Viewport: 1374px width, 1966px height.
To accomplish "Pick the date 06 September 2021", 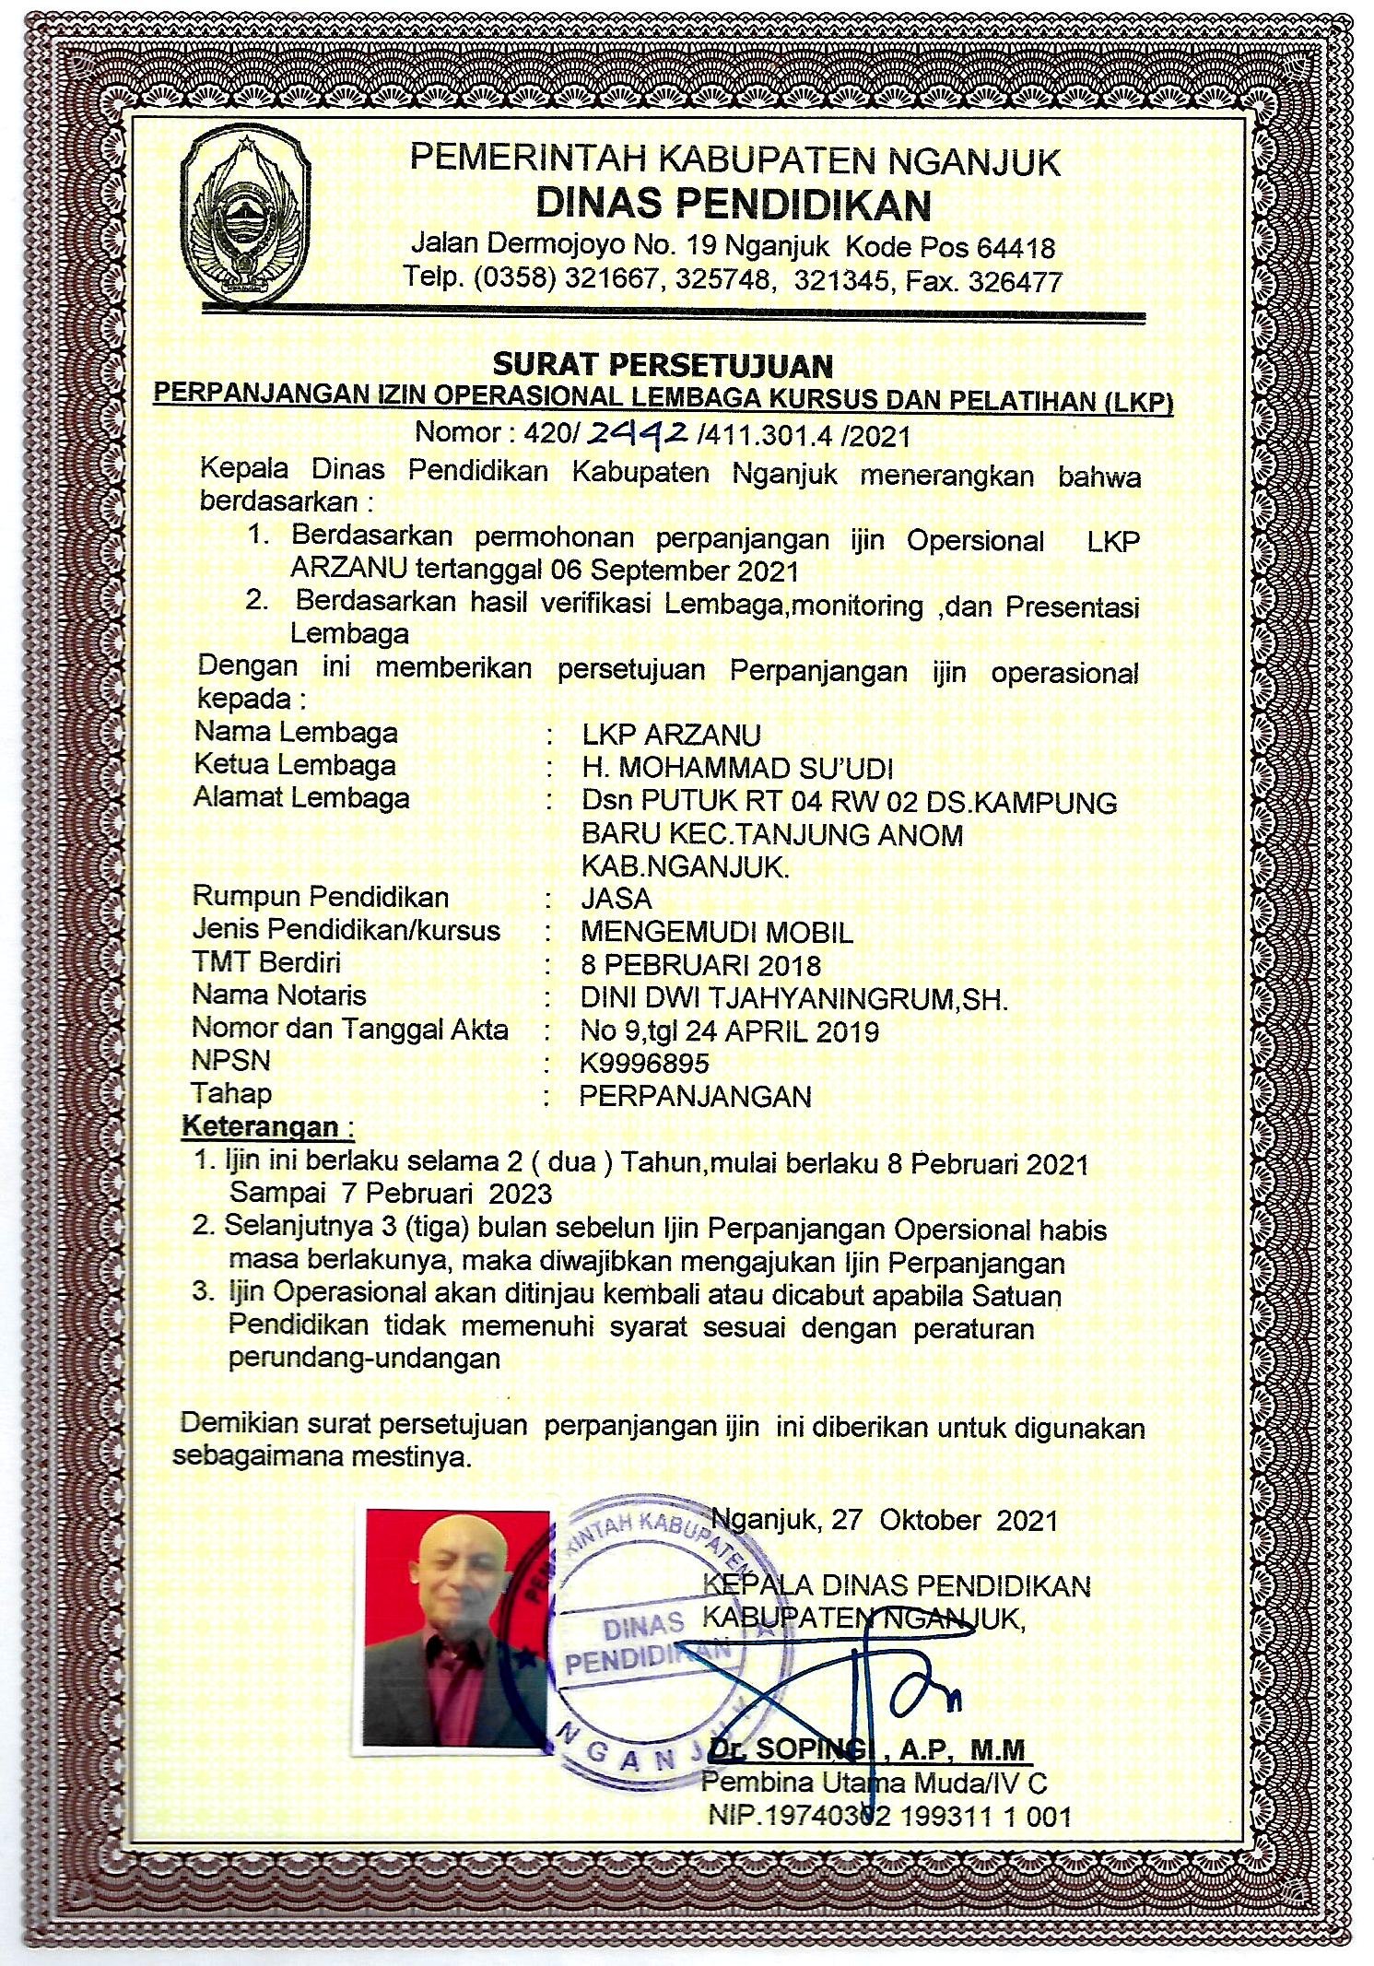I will pyautogui.click(x=675, y=571).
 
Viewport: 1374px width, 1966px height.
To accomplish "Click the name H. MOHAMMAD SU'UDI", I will pyautogui.click(x=737, y=768).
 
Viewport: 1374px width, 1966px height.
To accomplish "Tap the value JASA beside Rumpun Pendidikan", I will pyautogui.click(x=616, y=899).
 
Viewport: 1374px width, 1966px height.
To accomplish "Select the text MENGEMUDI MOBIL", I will pyautogui.click(x=716, y=932).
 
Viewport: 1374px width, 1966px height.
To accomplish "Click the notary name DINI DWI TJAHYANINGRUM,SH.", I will pyautogui.click(x=793, y=998).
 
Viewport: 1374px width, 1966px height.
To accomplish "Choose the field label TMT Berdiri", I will pyautogui.click(x=266, y=963).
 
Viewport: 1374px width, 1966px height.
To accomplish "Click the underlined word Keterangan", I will pyautogui.click(x=261, y=1126).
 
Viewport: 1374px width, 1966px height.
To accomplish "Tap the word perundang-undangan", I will pyautogui.click(x=364, y=1358).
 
